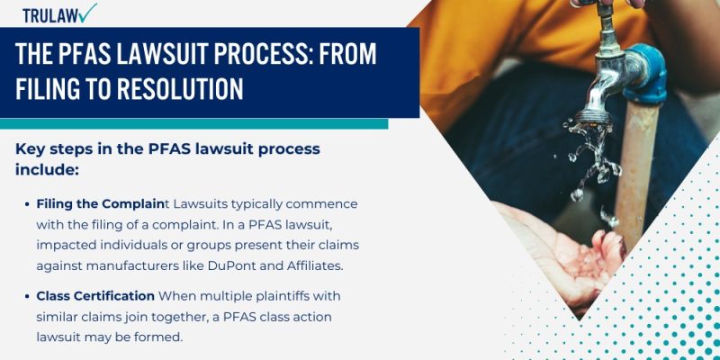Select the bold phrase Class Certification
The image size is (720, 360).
[96, 295]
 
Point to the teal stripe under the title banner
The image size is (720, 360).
[193, 123]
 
